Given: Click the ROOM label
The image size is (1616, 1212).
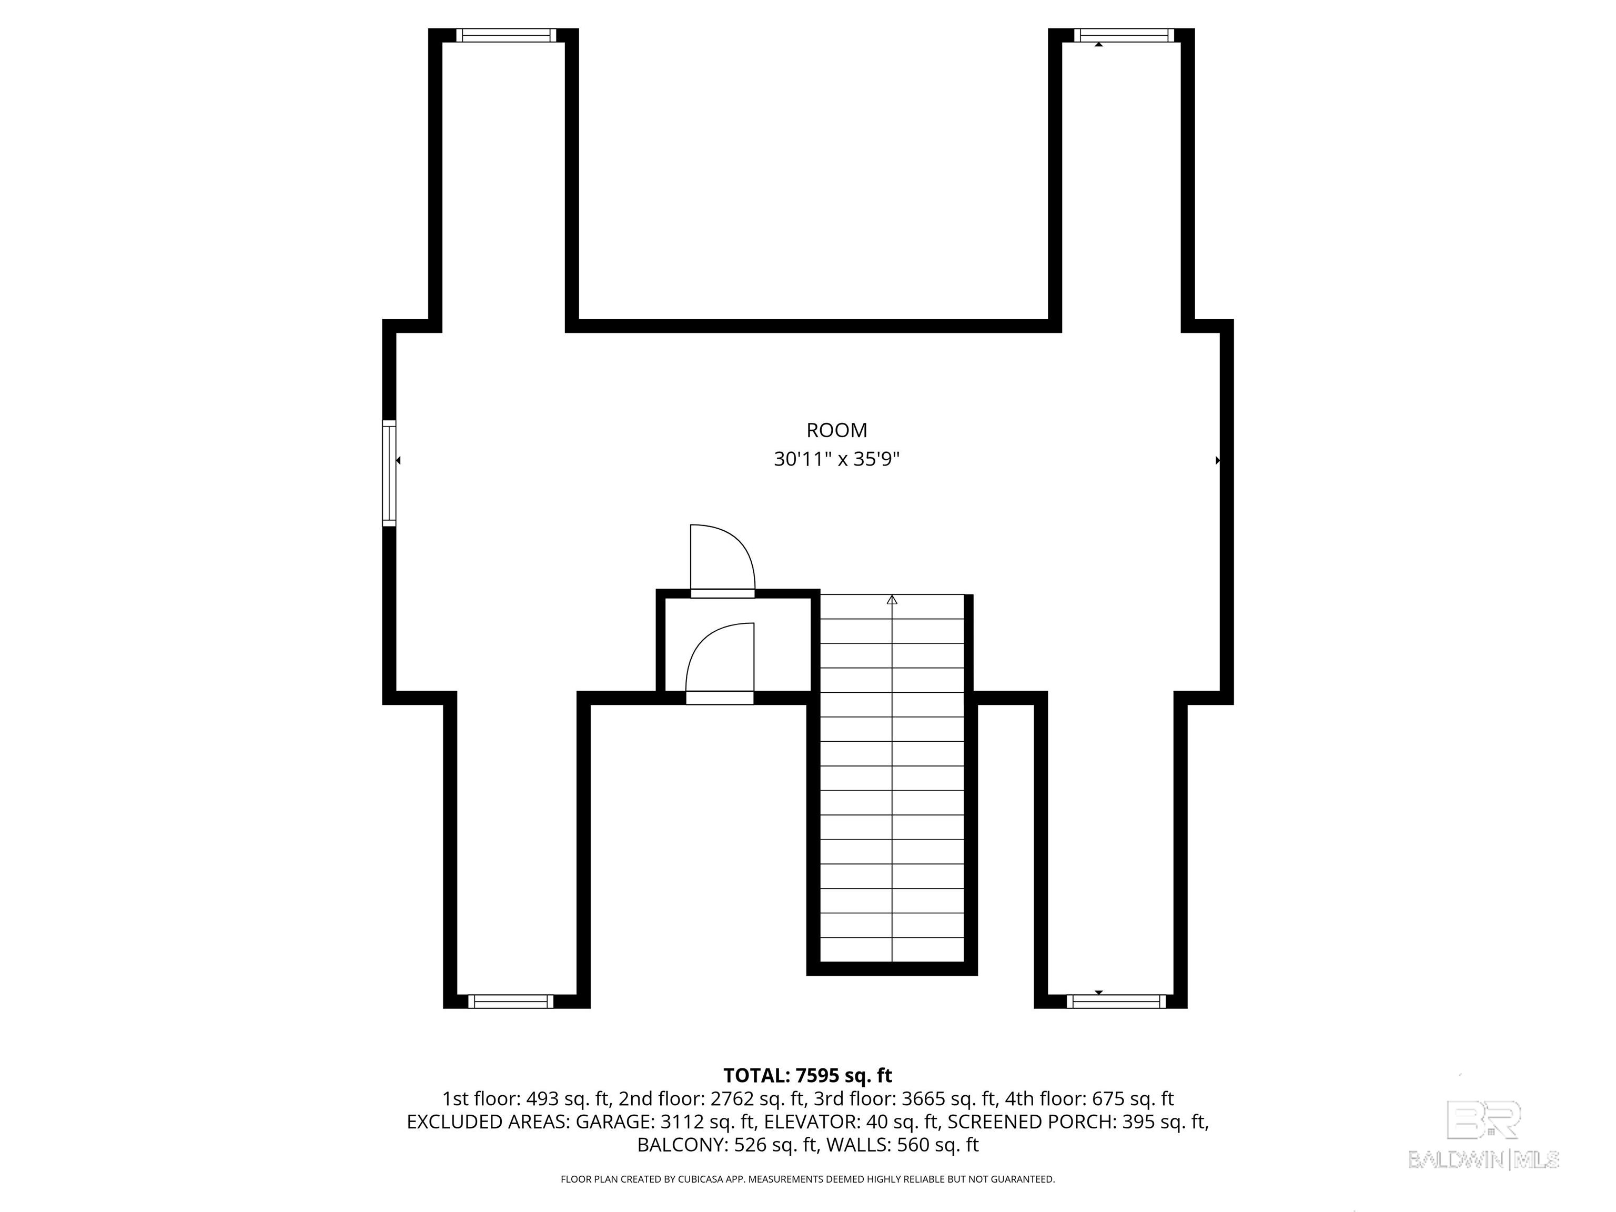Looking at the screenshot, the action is point(836,430).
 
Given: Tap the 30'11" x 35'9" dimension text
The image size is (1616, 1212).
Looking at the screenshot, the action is point(836,460).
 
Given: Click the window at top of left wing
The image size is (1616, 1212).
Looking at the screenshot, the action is point(506,35).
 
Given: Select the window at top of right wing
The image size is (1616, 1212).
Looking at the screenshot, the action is point(1124,35).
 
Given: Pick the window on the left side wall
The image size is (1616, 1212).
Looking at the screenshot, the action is point(389,473).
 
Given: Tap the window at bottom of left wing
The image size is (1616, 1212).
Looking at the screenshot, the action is point(511,1002).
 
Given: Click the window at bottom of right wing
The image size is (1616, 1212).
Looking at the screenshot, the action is point(1116,1002).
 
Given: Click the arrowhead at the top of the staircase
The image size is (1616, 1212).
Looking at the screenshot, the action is point(892,600).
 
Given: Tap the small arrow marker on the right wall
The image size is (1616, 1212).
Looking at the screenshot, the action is point(1218,460).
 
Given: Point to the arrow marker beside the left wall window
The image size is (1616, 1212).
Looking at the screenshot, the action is point(398,460).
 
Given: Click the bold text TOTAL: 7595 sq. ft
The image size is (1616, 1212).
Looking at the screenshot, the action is point(807,1075).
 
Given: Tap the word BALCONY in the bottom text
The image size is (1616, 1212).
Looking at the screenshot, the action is point(681,1145).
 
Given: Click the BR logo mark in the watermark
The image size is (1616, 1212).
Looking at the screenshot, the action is point(1484,1120).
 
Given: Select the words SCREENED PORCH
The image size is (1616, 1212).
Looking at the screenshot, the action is point(1030,1122).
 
